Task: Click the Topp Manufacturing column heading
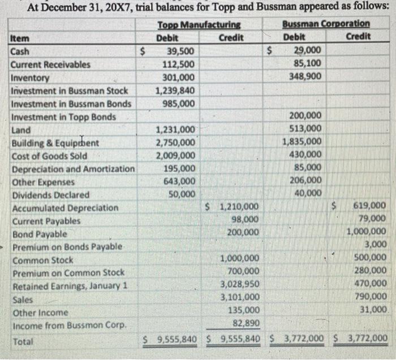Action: pyautogui.click(x=198, y=25)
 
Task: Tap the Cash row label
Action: pyautogui.click(x=21, y=51)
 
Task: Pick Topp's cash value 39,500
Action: pyautogui.click(x=180, y=51)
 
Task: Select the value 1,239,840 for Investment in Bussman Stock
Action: pyautogui.click(x=175, y=90)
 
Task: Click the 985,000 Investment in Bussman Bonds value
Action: pyautogui.click(x=179, y=103)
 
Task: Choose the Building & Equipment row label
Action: pyautogui.click(x=54, y=143)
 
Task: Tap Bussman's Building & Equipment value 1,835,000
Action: pyautogui.click(x=303, y=142)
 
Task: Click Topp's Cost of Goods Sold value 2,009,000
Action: pyautogui.click(x=175, y=156)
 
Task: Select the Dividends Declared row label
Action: pyautogui.click(x=50, y=195)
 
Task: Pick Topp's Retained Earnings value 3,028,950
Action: pyautogui.click(x=240, y=284)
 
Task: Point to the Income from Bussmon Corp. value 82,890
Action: pyautogui.click(x=246, y=323)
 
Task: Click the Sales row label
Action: pyautogui.click(x=22, y=300)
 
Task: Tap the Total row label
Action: pyautogui.click(x=22, y=341)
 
